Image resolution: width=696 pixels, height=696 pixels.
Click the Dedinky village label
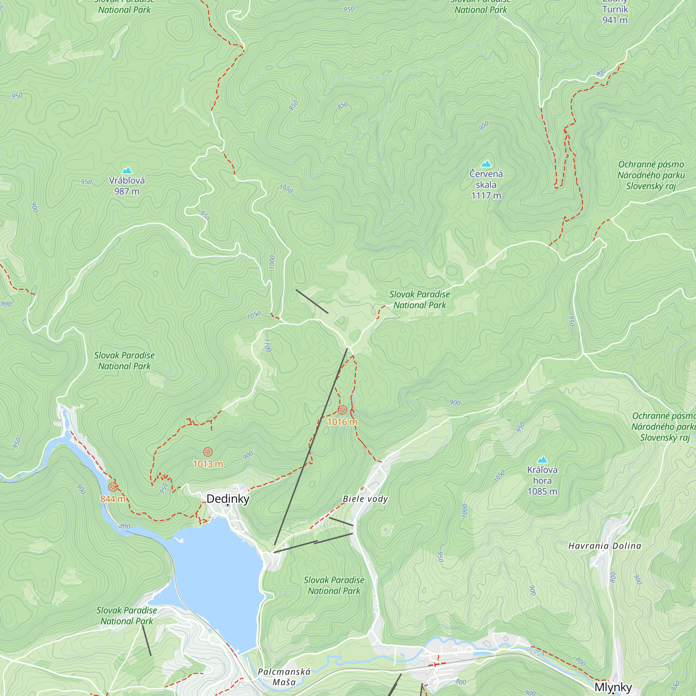click(x=228, y=499)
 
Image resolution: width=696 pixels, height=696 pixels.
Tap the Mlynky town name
click(x=613, y=687)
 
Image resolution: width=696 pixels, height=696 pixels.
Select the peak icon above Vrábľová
click(x=127, y=171)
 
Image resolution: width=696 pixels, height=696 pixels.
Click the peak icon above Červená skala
click(x=486, y=164)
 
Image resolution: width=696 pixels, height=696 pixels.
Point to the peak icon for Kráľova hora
click(x=542, y=460)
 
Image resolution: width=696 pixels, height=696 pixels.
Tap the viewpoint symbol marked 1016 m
click(x=342, y=410)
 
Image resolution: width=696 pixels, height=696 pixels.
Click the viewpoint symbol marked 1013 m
click(x=208, y=452)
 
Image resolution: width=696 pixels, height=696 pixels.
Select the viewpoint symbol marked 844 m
click(x=113, y=487)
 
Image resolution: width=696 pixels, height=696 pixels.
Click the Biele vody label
click(x=365, y=499)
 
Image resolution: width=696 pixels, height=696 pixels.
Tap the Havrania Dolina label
click(x=605, y=546)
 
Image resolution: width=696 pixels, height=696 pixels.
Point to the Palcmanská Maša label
click(x=284, y=677)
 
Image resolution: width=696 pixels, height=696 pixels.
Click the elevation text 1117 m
click(x=486, y=196)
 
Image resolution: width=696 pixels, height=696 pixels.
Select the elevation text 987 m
click(x=127, y=191)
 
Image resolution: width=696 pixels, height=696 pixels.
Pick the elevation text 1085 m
click(x=542, y=491)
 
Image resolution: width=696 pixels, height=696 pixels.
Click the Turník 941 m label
click(x=615, y=14)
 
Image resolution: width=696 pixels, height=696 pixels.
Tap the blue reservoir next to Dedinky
click(x=216, y=576)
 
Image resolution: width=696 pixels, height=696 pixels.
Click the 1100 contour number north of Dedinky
click(x=267, y=345)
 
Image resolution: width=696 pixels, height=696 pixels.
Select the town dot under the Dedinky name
click(x=228, y=505)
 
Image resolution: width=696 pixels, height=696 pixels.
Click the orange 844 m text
click(x=113, y=499)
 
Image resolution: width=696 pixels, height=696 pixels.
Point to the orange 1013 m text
click(x=208, y=464)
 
